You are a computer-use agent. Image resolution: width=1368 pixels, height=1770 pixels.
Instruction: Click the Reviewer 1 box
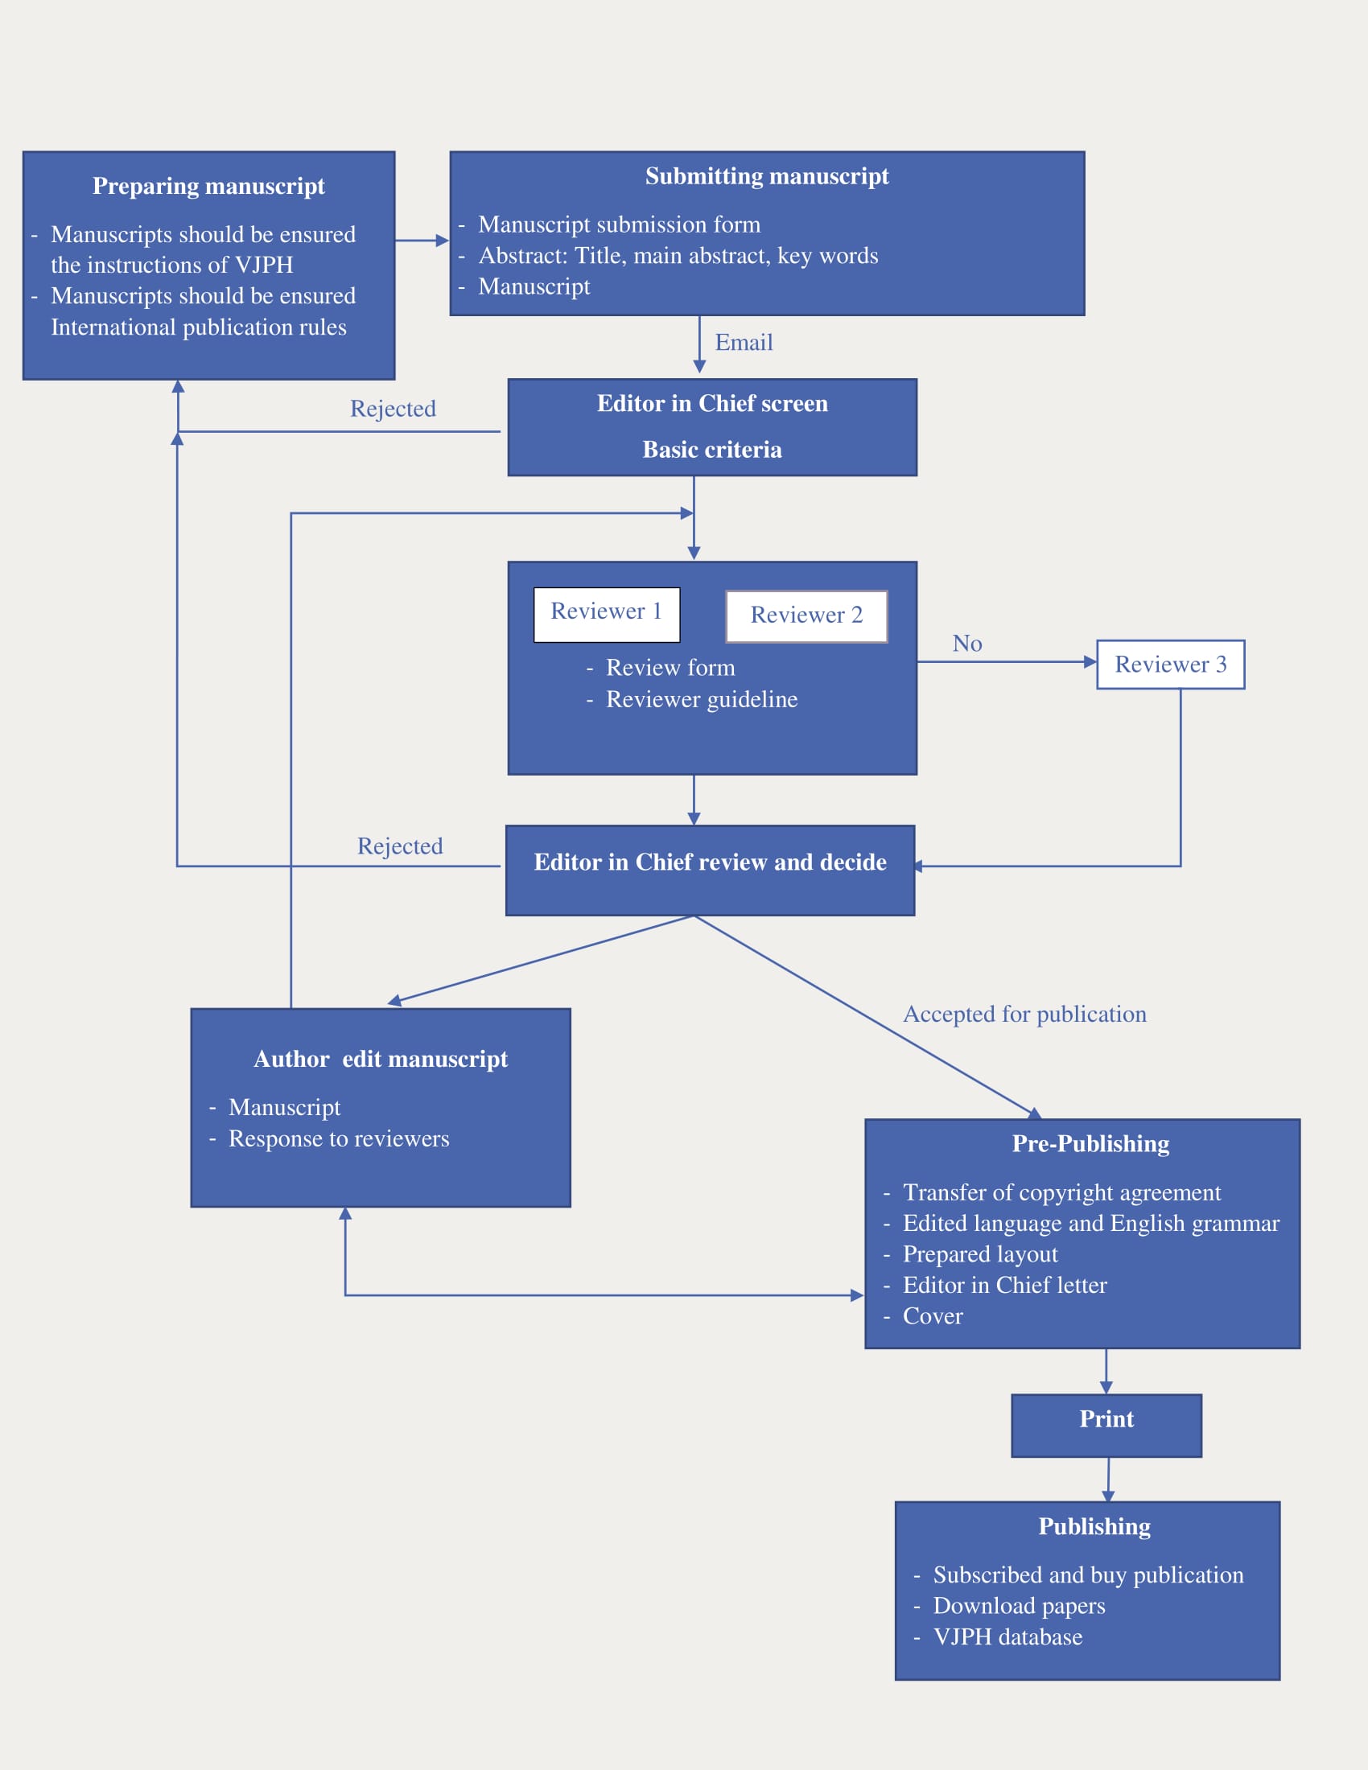pyautogui.click(x=607, y=615)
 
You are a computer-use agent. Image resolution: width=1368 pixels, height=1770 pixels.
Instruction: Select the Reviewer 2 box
pyautogui.click(x=806, y=617)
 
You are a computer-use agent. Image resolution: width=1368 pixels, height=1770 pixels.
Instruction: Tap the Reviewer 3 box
pyautogui.click(x=1170, y=665)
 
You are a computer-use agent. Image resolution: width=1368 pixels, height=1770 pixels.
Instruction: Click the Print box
pyautogui.click(x=1106, y=1426)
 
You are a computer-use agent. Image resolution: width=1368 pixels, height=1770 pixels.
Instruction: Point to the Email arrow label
pyautogui.click(x=744, y=343)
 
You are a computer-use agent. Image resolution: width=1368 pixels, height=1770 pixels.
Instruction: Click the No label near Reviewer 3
pyautogui.click(x=966, y=644)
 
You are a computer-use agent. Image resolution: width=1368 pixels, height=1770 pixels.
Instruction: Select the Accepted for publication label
pyautogui.click(x=1024, y=1015)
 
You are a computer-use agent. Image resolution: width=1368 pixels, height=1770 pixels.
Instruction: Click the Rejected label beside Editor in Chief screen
pyautogui.click(x=393, y=409)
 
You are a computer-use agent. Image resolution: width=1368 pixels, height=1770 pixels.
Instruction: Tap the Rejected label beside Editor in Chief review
pyautogui.click(x=401, y=846)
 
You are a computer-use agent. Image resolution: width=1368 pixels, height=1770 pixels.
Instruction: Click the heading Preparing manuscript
pyautogui.click(x=208, y=187)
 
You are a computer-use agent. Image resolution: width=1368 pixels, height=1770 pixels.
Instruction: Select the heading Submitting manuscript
pyautogui.click(x=767, y=177)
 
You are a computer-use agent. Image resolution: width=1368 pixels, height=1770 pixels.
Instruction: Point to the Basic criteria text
pyautogui.click(x=712, y=450)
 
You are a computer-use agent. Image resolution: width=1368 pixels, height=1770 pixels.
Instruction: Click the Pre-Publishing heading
pyautogui.click(x=1091, y=1143)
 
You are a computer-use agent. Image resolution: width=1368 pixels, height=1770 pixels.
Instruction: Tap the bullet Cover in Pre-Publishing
pyautogui.click(x=933, y=1316)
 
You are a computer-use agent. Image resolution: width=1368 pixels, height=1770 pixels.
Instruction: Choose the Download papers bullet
pyautogui.click(x=1020, y=1607)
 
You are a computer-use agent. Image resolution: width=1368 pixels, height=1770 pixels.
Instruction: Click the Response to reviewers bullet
pyautogui.click(x=339, y=1138)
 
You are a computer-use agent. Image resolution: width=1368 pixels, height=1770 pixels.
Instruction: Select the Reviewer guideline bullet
pyautogui.click(x=702, y=699)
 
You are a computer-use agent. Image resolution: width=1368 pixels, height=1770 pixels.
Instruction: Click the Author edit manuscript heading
pyautogui.click(x=381, y=1060)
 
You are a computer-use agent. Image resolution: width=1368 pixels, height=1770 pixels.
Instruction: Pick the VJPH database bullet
pyautogui.click(x=1008, y=1637)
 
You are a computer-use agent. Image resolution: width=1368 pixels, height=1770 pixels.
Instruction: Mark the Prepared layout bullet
pyautogui.click(x=981, y=1254)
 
